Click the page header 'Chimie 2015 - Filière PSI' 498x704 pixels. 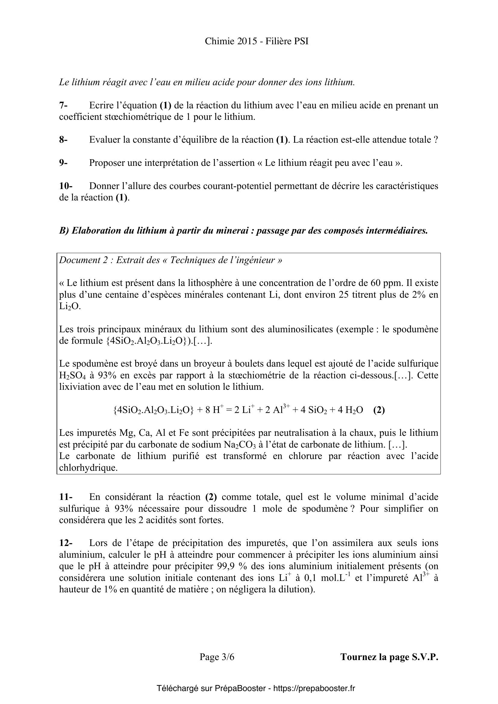tap(257, 41)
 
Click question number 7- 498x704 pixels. tap(63, 105)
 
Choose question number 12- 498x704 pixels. tap(66, 543)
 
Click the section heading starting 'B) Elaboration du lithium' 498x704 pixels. tap(243, 231)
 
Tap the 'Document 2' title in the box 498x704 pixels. tap(170, 260)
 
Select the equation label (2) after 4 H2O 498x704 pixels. tap(379, 410)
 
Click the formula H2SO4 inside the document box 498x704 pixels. tap(72, 375)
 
